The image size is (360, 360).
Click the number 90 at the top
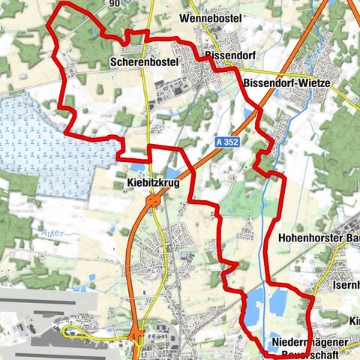(114, 4)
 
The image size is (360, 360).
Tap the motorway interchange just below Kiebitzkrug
(154, 200)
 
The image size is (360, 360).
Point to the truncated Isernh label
(346, 286)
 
